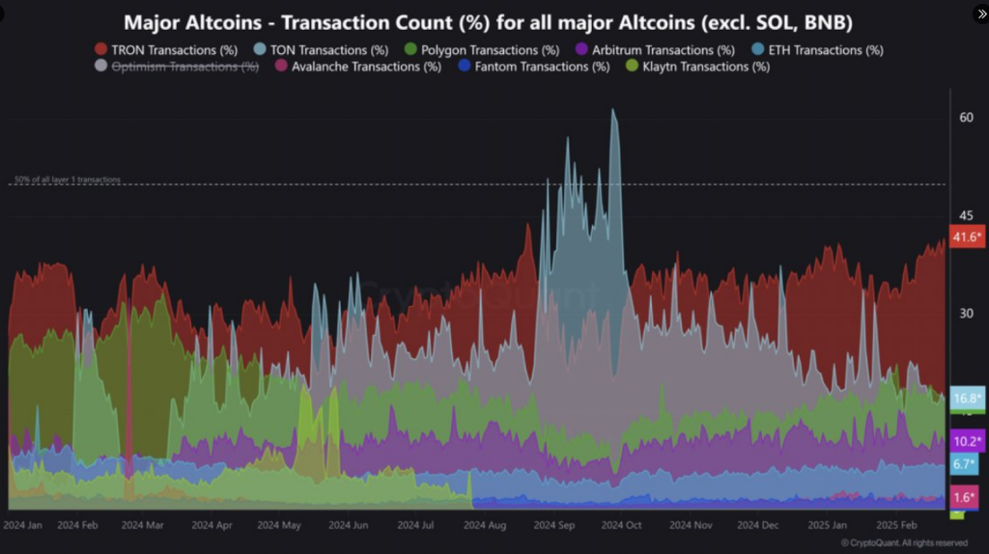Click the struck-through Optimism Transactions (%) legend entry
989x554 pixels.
pyautogui.click(x=177, y=67)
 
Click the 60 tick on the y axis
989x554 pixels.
pyautogui.click(x=966, y=118)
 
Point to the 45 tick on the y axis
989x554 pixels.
pyautogui.click(x=966, y=216)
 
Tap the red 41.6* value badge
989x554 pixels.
pyautogui.click(x=967, y=236)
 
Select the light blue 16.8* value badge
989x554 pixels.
pyautogui.click(x=967, y=398)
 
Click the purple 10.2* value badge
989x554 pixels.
pyautogui.click(x=967, y=441)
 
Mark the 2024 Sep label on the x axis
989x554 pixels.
pyautogui.click(x=554, y=526)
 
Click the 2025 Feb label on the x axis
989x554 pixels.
pyautogui.click(x=896, y=526)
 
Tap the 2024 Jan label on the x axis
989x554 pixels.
pyautogui.click(x=23, y=526)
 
